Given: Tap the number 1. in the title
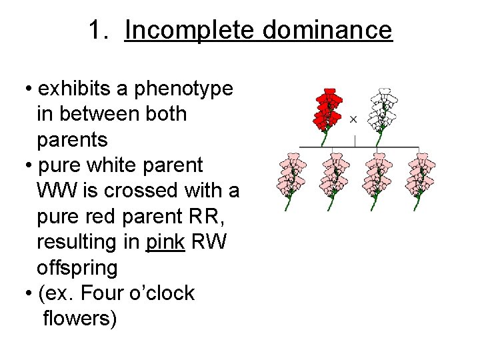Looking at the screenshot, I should pos(102,30).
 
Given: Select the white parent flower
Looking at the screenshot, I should pos(382,110).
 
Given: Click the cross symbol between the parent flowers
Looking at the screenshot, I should pos(353,119).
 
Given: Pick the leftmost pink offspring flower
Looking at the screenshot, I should pos(291,177).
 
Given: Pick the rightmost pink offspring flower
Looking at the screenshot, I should pos(420,177).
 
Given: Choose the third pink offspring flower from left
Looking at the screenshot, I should pos(379,177).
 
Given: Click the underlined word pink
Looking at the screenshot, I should pos(165,243).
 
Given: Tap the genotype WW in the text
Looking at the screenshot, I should pos(57,191).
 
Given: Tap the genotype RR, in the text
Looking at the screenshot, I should pos(199,217).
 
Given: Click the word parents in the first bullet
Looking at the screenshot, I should pos(72,140).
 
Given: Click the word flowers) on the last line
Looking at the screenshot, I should pos(79,319).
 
